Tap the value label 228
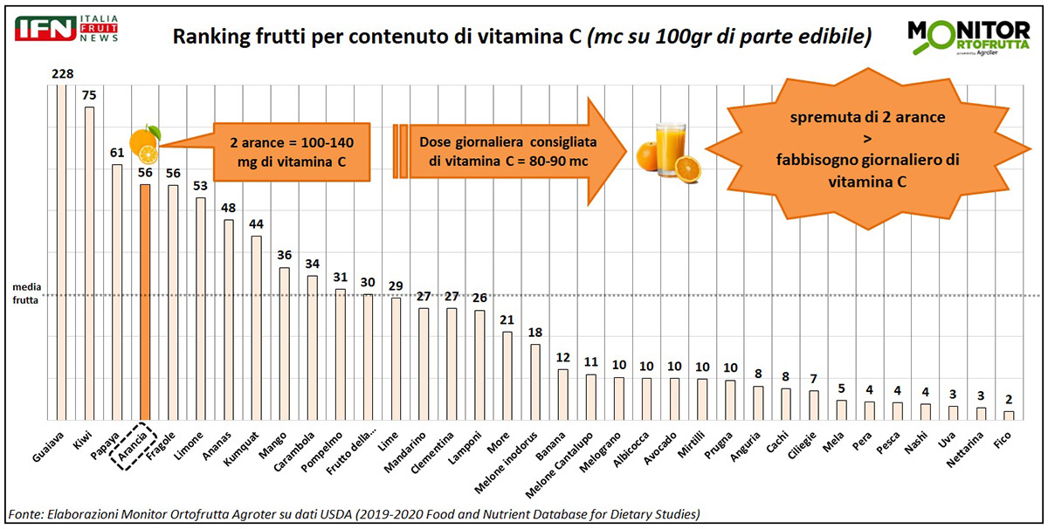pyautogui.click(x=61, y=75)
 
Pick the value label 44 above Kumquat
pyautogui.click(x=256, y=224)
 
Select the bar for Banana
pyautogui.click(x=563, y=394)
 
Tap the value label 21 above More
pyautogui.click(x=507, y=319)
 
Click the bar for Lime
pyautogui.click(x=396, y=358)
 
